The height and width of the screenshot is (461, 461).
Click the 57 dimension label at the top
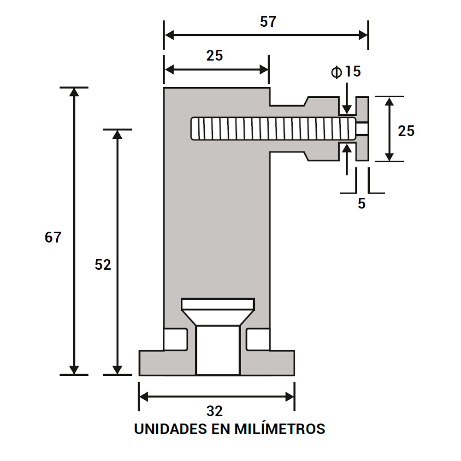coord(267,22)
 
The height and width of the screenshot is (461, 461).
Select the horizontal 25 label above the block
coord(214,55)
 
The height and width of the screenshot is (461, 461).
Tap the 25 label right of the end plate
coord(406,131)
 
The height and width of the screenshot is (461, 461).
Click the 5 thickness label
coord(362,204)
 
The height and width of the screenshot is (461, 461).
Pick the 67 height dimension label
coord(53,237)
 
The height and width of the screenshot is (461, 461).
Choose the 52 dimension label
coord(103,265)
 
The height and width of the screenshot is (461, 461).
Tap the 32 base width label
coord(215,411)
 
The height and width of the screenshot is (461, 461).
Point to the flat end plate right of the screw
coord(362,129)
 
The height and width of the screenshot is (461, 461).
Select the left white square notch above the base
coord(176,339)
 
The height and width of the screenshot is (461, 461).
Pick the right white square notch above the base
coord(258,339)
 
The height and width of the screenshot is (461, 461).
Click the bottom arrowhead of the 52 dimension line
coord(118,369)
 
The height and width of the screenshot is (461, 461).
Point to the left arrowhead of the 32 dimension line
coord(144,396)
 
